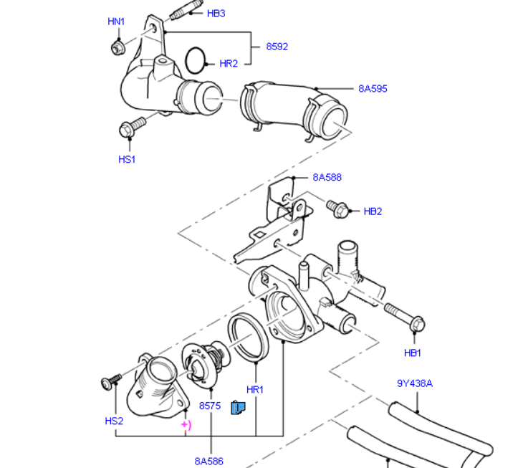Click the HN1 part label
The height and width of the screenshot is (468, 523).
[x=116, y=22]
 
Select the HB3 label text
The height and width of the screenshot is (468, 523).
[x=216, y=14]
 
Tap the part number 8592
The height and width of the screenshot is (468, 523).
[x=277, y=47]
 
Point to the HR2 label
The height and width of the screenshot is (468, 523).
[x=229, y=64]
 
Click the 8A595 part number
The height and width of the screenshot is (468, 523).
[x=373, y=89]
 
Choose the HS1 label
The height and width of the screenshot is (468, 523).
[x=127, y=159]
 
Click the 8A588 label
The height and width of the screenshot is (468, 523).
[x=327, y=177]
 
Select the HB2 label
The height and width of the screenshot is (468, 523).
[x=373, y=211]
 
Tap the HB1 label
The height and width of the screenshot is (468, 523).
[x=413, y=353]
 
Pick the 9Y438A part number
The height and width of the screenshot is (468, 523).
[x=415, y=383]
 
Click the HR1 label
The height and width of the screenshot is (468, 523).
[x=255, y=390]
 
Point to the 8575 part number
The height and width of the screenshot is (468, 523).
[x=210, y=406]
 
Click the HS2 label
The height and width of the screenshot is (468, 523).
[x=114, y=421]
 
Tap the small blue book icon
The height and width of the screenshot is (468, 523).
[x=238, y=408]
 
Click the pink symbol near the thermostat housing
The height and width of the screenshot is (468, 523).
[x=186, y=425]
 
